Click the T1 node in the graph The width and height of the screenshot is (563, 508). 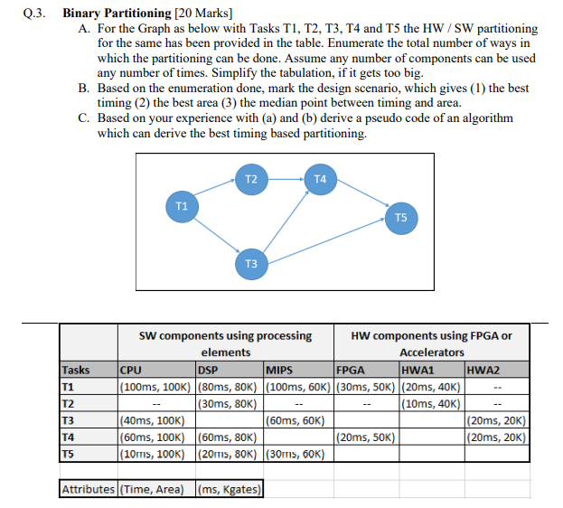(182, 207)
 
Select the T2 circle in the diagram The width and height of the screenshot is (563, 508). (252, 179)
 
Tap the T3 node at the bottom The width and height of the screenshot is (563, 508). (252, 263)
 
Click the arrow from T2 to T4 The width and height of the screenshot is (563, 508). (286, 179)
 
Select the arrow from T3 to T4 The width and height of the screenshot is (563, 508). (286, 221)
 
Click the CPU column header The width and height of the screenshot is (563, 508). (132, 370)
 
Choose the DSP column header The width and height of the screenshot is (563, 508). (208, 370)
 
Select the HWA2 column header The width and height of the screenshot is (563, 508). (484, 370)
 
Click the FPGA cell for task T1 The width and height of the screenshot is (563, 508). (365, 387)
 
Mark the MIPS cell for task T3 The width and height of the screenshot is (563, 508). (297, 419)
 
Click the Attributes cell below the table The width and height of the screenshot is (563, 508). (89, 490)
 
